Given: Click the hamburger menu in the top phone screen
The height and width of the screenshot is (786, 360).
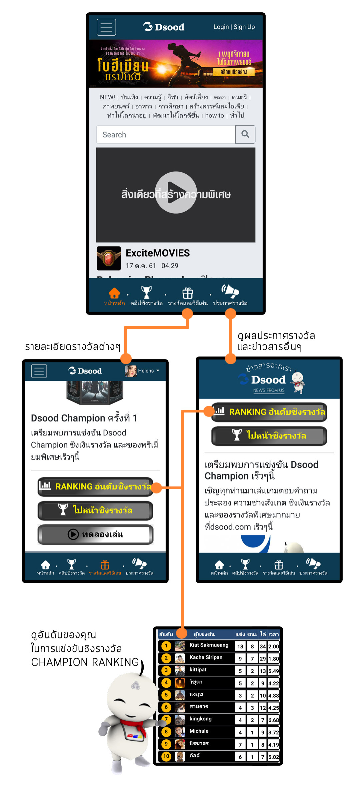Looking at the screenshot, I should tap(106, 27).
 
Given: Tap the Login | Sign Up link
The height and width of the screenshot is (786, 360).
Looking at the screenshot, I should tap(234, 27).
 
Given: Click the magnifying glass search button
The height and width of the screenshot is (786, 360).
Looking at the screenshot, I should tap(245, 134).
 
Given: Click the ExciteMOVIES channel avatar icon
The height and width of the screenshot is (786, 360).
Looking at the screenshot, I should tap(109, 258).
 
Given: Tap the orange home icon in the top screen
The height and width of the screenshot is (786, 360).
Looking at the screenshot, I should tap(114, 293).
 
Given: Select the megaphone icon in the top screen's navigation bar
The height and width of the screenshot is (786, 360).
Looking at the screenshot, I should tap(230, 292).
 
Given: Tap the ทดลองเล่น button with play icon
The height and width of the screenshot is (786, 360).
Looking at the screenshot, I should tap(96, 534).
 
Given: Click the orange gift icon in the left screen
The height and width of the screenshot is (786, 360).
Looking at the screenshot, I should tap(105, 565).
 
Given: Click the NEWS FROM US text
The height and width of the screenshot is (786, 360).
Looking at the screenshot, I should tap(269, 390).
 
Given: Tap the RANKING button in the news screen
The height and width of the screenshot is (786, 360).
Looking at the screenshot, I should tap(269, 412).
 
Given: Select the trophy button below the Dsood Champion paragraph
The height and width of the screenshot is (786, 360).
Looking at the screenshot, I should tap(96, 510).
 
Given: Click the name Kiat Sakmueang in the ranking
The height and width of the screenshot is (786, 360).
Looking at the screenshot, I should tap(209, 645).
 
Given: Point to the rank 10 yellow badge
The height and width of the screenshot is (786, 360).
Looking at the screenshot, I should tap(166, 756).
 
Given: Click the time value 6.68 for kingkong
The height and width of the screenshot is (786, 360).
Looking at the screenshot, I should tap(274, 720).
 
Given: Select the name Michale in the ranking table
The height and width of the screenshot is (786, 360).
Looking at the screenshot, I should tap(199, 731).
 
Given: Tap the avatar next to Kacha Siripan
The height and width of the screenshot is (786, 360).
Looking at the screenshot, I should tap(180, 658).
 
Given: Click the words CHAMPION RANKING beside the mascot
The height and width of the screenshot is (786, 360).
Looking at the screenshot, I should tap(85, 662).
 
